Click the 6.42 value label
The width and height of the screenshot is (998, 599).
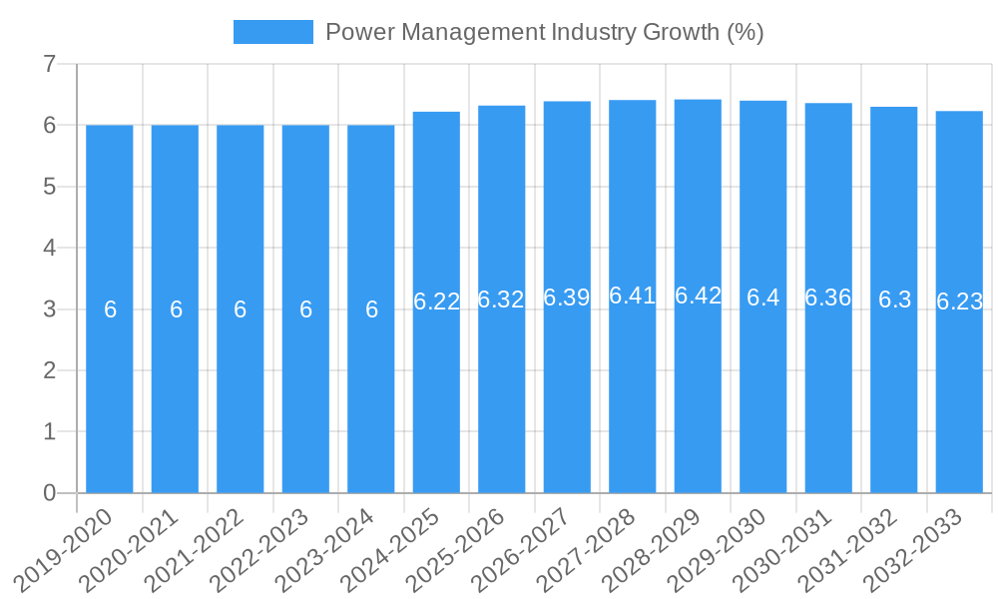tap(698, 296)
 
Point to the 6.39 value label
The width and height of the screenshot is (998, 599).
tap(567, 298)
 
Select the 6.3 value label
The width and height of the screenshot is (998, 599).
tap(894, 299)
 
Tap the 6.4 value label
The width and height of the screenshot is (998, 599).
tap(763, 298)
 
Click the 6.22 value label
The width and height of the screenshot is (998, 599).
tap(436, 301)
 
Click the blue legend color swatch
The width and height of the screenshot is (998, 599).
tap(272, 32)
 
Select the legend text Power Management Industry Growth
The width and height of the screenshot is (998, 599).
tap(544, 32)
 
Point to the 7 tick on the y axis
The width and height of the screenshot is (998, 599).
tap(49, 64)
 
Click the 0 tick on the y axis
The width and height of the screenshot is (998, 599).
tap(49, 493)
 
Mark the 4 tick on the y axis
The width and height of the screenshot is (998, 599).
tap(49, 248)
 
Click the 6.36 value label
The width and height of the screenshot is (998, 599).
tap(828, 298)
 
